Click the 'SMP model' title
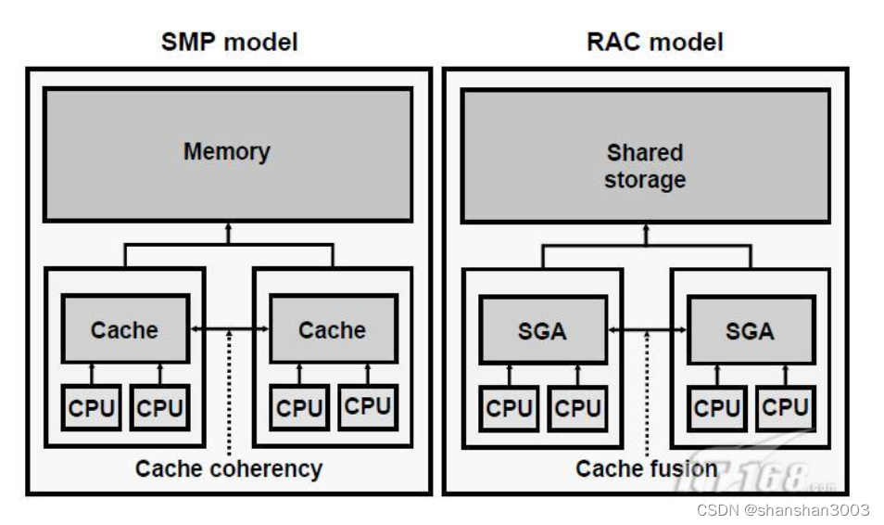(x=229, y=42)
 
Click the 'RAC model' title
(x=654, y=42)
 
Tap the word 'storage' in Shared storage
(x=645, y=180)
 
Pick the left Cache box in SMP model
(x=125, y=329)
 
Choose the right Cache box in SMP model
(x=333, y=329)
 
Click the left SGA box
(x=543, y=329)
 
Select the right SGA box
(x=751, y=329)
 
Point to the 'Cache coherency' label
(x=229, y=468)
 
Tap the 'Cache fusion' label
(x=646, y=468)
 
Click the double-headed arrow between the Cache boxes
(x=229, y=329)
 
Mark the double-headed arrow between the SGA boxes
(x=647, y=329)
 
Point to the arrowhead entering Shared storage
(x=646, y=228)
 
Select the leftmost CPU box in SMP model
(x=92, y=408)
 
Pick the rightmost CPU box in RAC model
(x=785, y=408)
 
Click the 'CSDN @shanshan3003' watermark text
(x=783, y=510)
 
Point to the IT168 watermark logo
(x=755, y=475)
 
